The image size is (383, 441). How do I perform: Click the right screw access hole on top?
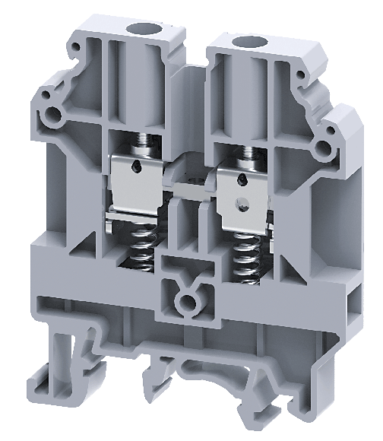coord(245,41)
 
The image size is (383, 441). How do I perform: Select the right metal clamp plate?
coord(242,193)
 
